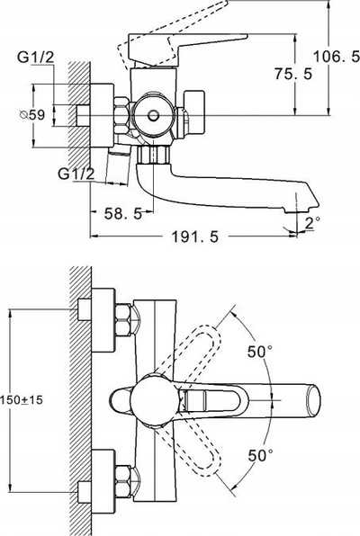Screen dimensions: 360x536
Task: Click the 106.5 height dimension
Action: coord(337,57)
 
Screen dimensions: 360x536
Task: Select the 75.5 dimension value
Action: coord(293,74)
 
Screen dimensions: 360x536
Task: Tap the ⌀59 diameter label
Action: coord(32,115)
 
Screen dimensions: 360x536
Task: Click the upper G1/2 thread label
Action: coord(36,58)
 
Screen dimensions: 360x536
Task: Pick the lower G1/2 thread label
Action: coord(76,174)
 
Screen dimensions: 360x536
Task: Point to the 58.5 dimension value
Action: coord(123,214)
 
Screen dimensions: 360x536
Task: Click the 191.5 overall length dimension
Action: coord(194,237)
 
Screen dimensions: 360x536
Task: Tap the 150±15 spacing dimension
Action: coord(22,399)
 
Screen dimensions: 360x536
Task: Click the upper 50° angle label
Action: coord(260,352)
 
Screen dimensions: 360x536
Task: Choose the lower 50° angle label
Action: coord(260,455)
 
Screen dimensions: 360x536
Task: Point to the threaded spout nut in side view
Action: coord(153,154)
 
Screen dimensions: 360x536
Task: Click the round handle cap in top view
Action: coord(154,400)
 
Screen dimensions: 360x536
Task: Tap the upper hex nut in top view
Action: coord(122,320)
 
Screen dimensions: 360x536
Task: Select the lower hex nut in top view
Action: coord(122,481)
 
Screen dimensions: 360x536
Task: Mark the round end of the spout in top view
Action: coord(314,400)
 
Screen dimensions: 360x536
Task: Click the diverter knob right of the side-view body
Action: coord(193,112)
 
